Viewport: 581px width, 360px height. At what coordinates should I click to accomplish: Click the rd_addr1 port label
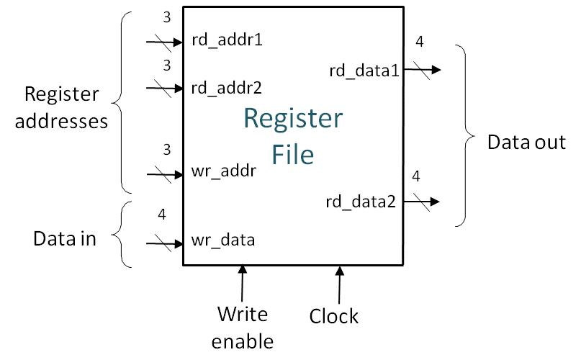pos(227,40)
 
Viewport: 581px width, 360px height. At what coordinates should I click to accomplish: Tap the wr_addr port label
pos(224,173)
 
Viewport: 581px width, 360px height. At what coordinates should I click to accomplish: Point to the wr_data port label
pos(223,240)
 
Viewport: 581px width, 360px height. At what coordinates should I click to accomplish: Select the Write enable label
pos(243,327)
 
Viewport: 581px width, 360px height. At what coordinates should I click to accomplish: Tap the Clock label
pos(334,316)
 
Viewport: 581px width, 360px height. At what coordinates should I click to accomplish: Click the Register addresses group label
pos(66,107)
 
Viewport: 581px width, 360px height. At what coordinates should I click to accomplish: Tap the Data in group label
pos(64,239)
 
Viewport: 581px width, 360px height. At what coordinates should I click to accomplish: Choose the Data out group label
pos(526,142)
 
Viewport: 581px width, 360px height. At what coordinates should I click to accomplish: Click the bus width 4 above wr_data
pos(162,215)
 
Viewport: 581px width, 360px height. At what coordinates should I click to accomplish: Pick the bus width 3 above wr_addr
pos(166,150)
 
